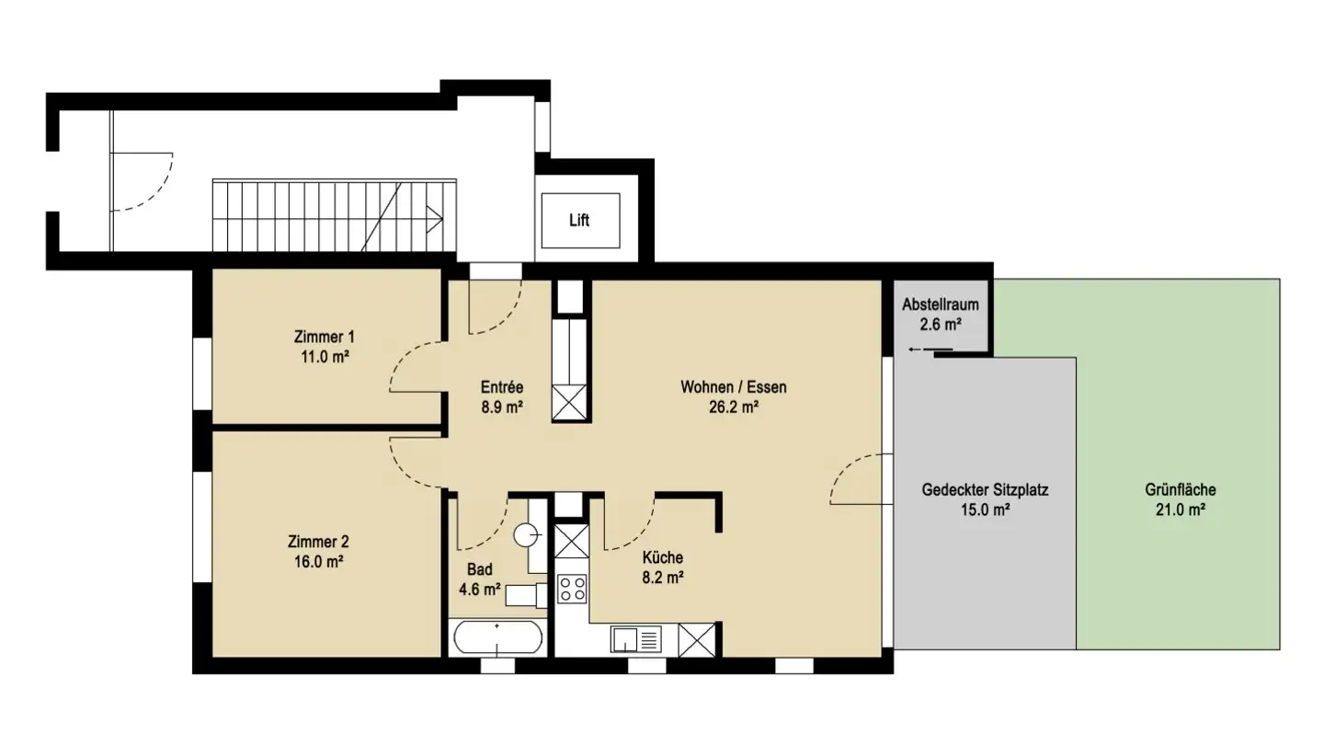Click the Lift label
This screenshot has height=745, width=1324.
point(579,221)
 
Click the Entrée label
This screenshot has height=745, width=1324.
point(501,387)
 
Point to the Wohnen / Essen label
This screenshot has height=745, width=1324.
point(733,387)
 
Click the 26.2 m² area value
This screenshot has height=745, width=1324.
point(733,407)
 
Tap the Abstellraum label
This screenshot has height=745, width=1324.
point(939,304)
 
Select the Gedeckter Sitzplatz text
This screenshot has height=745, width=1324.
point(985,490)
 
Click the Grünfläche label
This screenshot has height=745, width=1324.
point(1181,490)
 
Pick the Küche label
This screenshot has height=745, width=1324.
point(662,557)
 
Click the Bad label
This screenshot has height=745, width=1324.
point(479,569)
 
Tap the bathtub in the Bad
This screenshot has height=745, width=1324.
point(497,636)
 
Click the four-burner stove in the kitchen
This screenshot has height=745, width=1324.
point(572,588)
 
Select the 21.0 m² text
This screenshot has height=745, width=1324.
point(1181,510)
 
